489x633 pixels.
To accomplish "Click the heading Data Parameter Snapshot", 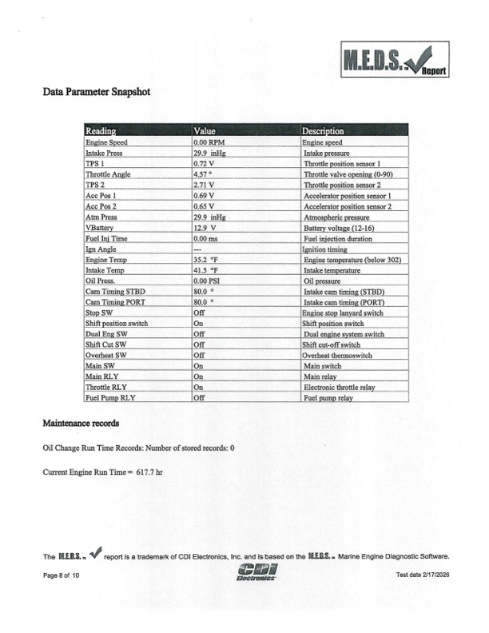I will (96, 91).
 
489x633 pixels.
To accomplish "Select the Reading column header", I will (101, 130).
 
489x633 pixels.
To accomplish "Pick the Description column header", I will (323, 130).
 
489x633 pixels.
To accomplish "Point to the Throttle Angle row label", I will (108, 173).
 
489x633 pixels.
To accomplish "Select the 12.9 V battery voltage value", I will (206, 228).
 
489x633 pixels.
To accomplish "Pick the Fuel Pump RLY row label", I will (111, 397).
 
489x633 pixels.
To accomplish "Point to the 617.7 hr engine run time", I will (149, 472).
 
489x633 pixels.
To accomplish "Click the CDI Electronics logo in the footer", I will (258, 570).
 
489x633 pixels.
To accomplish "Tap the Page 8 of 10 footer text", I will (62, 575).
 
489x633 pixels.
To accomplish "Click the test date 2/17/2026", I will (423, 575).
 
